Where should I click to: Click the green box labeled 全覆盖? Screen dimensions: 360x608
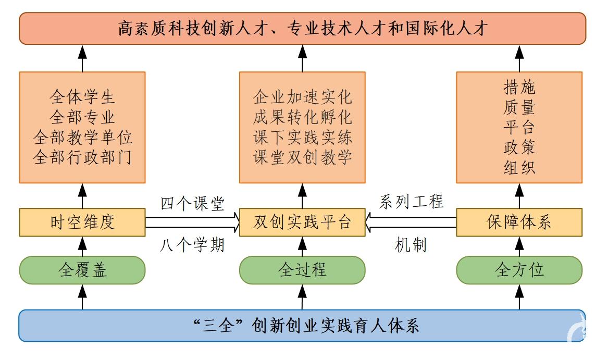tap(82, 270)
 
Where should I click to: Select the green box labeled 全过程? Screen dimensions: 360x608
tap(302, 270)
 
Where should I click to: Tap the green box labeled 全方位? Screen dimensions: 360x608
tap(519, 270)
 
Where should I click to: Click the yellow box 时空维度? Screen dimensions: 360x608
tap(82, 222)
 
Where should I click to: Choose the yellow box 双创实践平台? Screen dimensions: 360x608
tap(302, 222)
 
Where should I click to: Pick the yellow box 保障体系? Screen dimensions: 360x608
tap(519, 222)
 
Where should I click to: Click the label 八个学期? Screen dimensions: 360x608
tap(192, 244)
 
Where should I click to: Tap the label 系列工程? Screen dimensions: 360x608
tap(412, 202)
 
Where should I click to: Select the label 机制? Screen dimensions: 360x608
tap(411, 244)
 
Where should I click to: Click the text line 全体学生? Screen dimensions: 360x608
tap(82, 97)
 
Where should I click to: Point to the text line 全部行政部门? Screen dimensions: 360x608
tap(82, 157)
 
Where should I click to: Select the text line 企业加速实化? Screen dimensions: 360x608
tap(302, 97)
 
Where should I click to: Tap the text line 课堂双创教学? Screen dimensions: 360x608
tap(302, 157)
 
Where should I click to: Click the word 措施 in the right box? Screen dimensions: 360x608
tap(519, 86)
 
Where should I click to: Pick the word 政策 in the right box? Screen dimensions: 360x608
tap(519, 147)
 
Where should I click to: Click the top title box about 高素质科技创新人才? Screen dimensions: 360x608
tap(302, 28)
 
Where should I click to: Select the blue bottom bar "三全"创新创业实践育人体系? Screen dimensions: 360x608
tap(302, 326)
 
